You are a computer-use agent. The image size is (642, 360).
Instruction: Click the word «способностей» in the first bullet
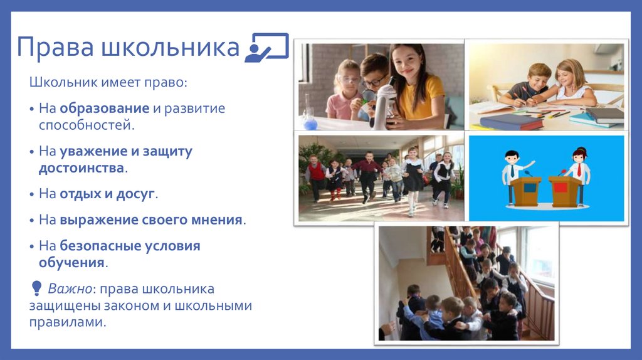pyautogui.click(x=85, y=125)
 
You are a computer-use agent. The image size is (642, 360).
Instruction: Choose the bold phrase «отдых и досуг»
pyautogui.click(x=107, y=194)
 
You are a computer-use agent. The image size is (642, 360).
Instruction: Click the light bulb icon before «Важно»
pyautogui.click(x=35, y=289)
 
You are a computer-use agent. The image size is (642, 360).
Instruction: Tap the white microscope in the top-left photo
pyautogui.click(x=384, y=103)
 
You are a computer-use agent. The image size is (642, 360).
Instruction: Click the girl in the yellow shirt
pyautogui.click(x=416, y=85)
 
